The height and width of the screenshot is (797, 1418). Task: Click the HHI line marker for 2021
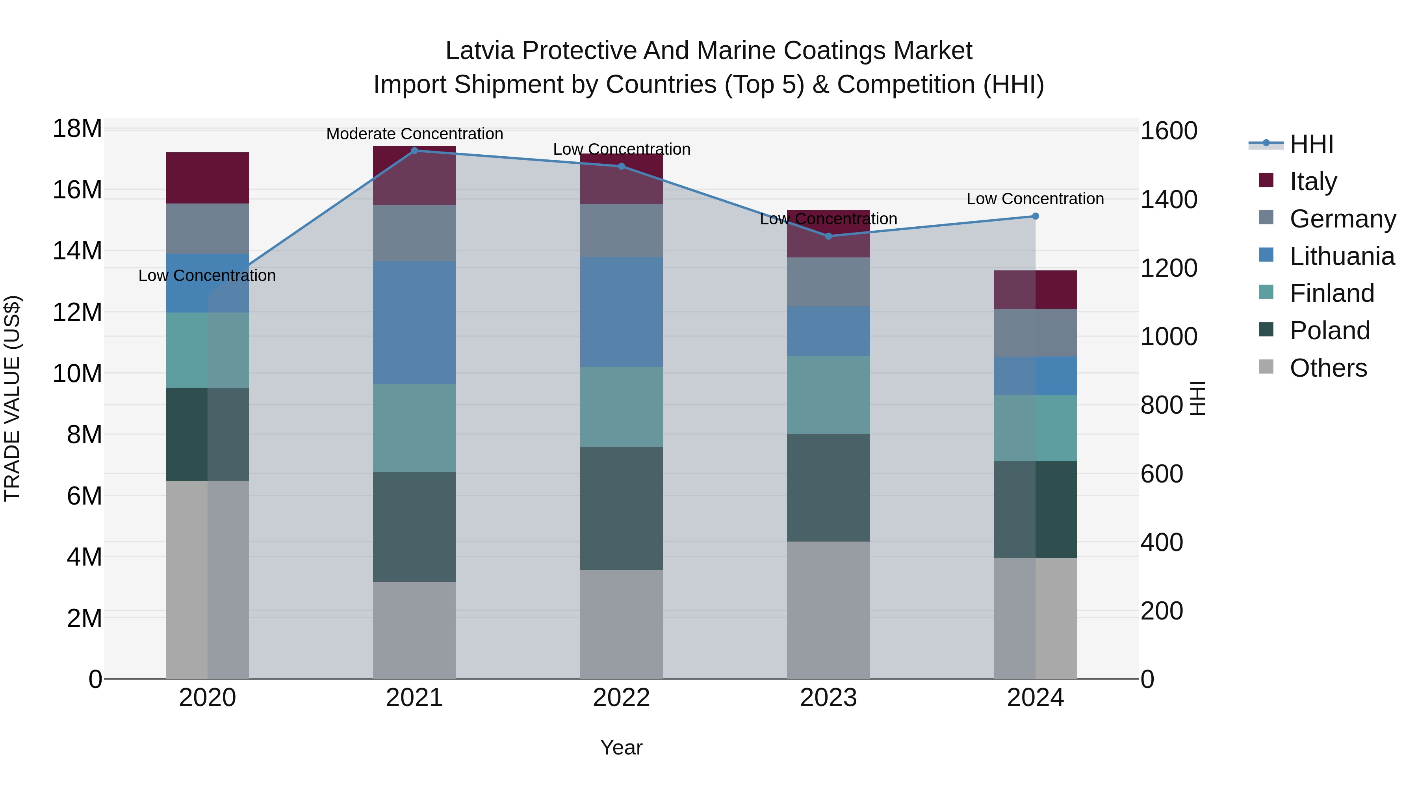coord(414,150)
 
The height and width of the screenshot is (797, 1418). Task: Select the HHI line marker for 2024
coord(1035,216)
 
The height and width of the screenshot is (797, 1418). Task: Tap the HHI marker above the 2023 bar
coord(828,236)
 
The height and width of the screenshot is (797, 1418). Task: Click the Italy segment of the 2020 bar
coord(208,178)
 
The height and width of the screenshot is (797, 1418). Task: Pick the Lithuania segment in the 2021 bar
coord(414,322)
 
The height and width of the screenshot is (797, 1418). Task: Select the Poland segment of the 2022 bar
coord(622,508)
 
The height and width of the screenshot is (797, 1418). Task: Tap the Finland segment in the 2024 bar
coord(1035,428)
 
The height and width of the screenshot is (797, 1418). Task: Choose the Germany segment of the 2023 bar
coord(828,282)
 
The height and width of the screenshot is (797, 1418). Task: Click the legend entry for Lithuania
coord(1342,256)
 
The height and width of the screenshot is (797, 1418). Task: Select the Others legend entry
coord(1328,368)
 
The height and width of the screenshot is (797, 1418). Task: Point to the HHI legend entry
coord(1311,144)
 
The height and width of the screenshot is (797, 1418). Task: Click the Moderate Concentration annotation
coord(414,134)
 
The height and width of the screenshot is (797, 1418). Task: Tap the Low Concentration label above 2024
coord(1035,199)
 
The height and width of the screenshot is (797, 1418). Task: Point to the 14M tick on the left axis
coord(77,251)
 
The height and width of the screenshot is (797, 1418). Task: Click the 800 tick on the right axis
coord(1162,405)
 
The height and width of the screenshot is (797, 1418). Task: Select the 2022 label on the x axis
coord(622,698)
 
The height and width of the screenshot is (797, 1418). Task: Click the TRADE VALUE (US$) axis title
coord(12,398)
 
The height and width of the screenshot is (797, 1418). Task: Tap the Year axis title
coord(622,747)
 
